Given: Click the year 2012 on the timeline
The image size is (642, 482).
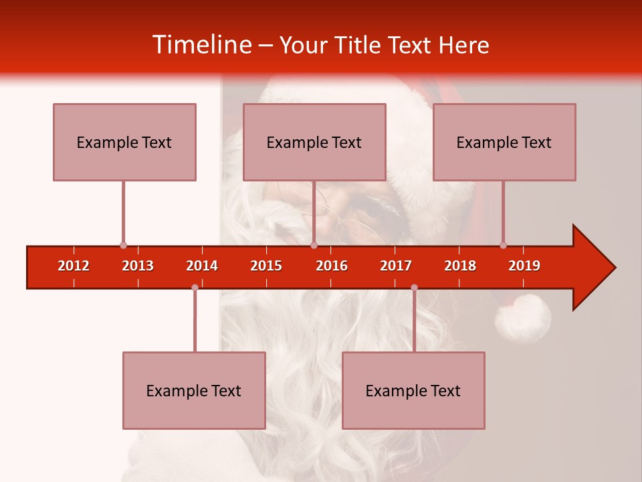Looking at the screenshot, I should pos(74,266).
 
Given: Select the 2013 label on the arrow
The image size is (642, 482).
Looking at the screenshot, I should pos(138,266).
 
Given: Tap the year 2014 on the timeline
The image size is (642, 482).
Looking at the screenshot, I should pos(202,266).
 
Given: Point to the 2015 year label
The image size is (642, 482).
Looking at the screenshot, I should pos(266,266).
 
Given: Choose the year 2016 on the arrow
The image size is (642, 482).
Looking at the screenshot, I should pos(332,266).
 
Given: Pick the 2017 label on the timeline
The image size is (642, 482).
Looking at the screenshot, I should pos(396,266).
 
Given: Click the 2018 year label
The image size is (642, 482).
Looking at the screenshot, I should pos(460,266).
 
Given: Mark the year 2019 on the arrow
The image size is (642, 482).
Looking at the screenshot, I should pos(524,266).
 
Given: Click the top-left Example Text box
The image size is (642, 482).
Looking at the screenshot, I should pos(124,142).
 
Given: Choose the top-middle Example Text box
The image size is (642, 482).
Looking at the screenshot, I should pos(314,142).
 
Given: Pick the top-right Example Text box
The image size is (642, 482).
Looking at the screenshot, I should pos(504,142).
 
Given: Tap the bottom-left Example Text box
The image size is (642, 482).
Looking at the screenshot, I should pos(194,390).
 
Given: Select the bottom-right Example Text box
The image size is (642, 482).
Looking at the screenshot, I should pos(413,390).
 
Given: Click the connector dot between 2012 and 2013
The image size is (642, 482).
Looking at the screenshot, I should pos(123,246).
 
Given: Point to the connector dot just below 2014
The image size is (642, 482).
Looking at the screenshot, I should pos(195,288).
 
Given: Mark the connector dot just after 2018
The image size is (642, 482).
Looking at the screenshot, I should pos(503,245).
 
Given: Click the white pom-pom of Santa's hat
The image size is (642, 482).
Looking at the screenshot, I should pos(522,318).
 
